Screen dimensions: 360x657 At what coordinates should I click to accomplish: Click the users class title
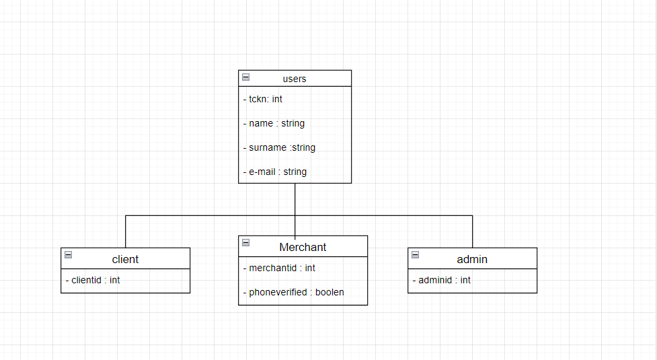[295, 79]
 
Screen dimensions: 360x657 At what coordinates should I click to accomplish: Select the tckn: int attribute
[263, 99]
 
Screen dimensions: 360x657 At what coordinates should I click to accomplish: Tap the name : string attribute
[274, 123]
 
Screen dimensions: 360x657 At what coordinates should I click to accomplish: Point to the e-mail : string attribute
[275, 172]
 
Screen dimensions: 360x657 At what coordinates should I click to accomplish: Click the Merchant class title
[303, 247]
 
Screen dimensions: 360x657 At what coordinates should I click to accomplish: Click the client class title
[125, 259]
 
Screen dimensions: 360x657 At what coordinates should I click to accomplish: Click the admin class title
[472, 259]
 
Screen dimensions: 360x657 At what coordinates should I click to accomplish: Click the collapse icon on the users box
[245, 77]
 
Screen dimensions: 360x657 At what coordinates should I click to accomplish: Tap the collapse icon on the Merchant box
[245, 243]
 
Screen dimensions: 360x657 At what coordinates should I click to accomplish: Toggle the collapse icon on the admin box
[415, 255]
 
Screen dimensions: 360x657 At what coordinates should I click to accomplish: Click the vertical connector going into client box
[126, 232]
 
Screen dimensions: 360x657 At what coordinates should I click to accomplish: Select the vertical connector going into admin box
[473, 232]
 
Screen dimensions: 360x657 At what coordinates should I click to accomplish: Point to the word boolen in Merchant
[330, 292]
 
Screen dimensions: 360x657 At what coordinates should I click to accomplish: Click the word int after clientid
[115, 280]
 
